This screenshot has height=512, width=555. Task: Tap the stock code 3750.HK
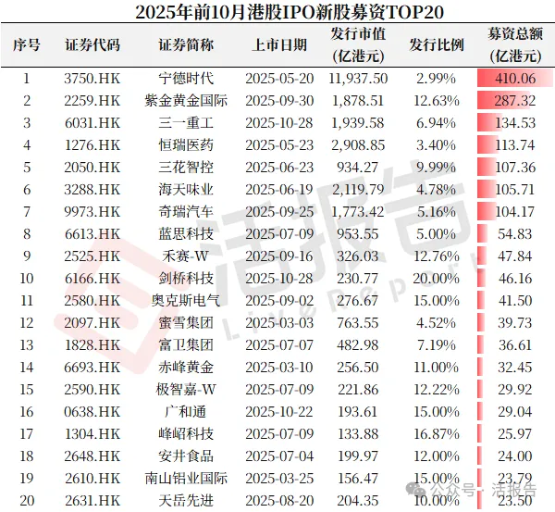click(92, 81)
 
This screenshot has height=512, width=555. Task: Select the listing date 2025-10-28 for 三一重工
click(279, 123)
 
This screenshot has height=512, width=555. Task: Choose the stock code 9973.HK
click(92, 211)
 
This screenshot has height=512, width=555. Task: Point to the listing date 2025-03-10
click(279, 367)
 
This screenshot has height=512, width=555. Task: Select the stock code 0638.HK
click(92, 411)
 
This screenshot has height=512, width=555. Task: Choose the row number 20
click(26, 500)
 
